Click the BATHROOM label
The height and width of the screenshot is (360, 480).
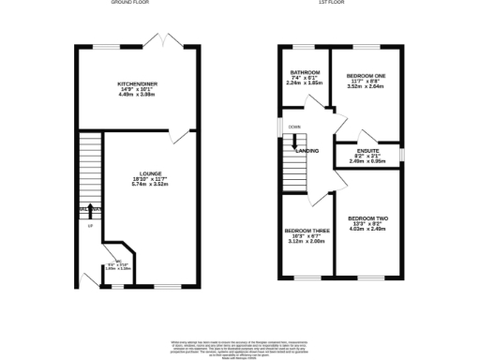pyautogui.click(x=306, y=72)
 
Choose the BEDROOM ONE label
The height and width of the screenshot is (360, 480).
pyautogui.click(x=367, y=75)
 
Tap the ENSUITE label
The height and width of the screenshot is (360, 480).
pyautogui.click(x=368, y=151)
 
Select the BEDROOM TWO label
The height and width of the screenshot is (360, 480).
pyautogui.click(x=367, y=218)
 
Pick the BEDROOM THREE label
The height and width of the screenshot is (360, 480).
pyautogui.click(x=307, y=231)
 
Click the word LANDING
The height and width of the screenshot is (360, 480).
pyautogui.click(x=307, y=151)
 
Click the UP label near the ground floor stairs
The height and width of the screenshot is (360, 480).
pyautogui.click(x=90, y=227)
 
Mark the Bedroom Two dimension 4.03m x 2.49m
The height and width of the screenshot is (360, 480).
pyautogui.click(x=367, y=230)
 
